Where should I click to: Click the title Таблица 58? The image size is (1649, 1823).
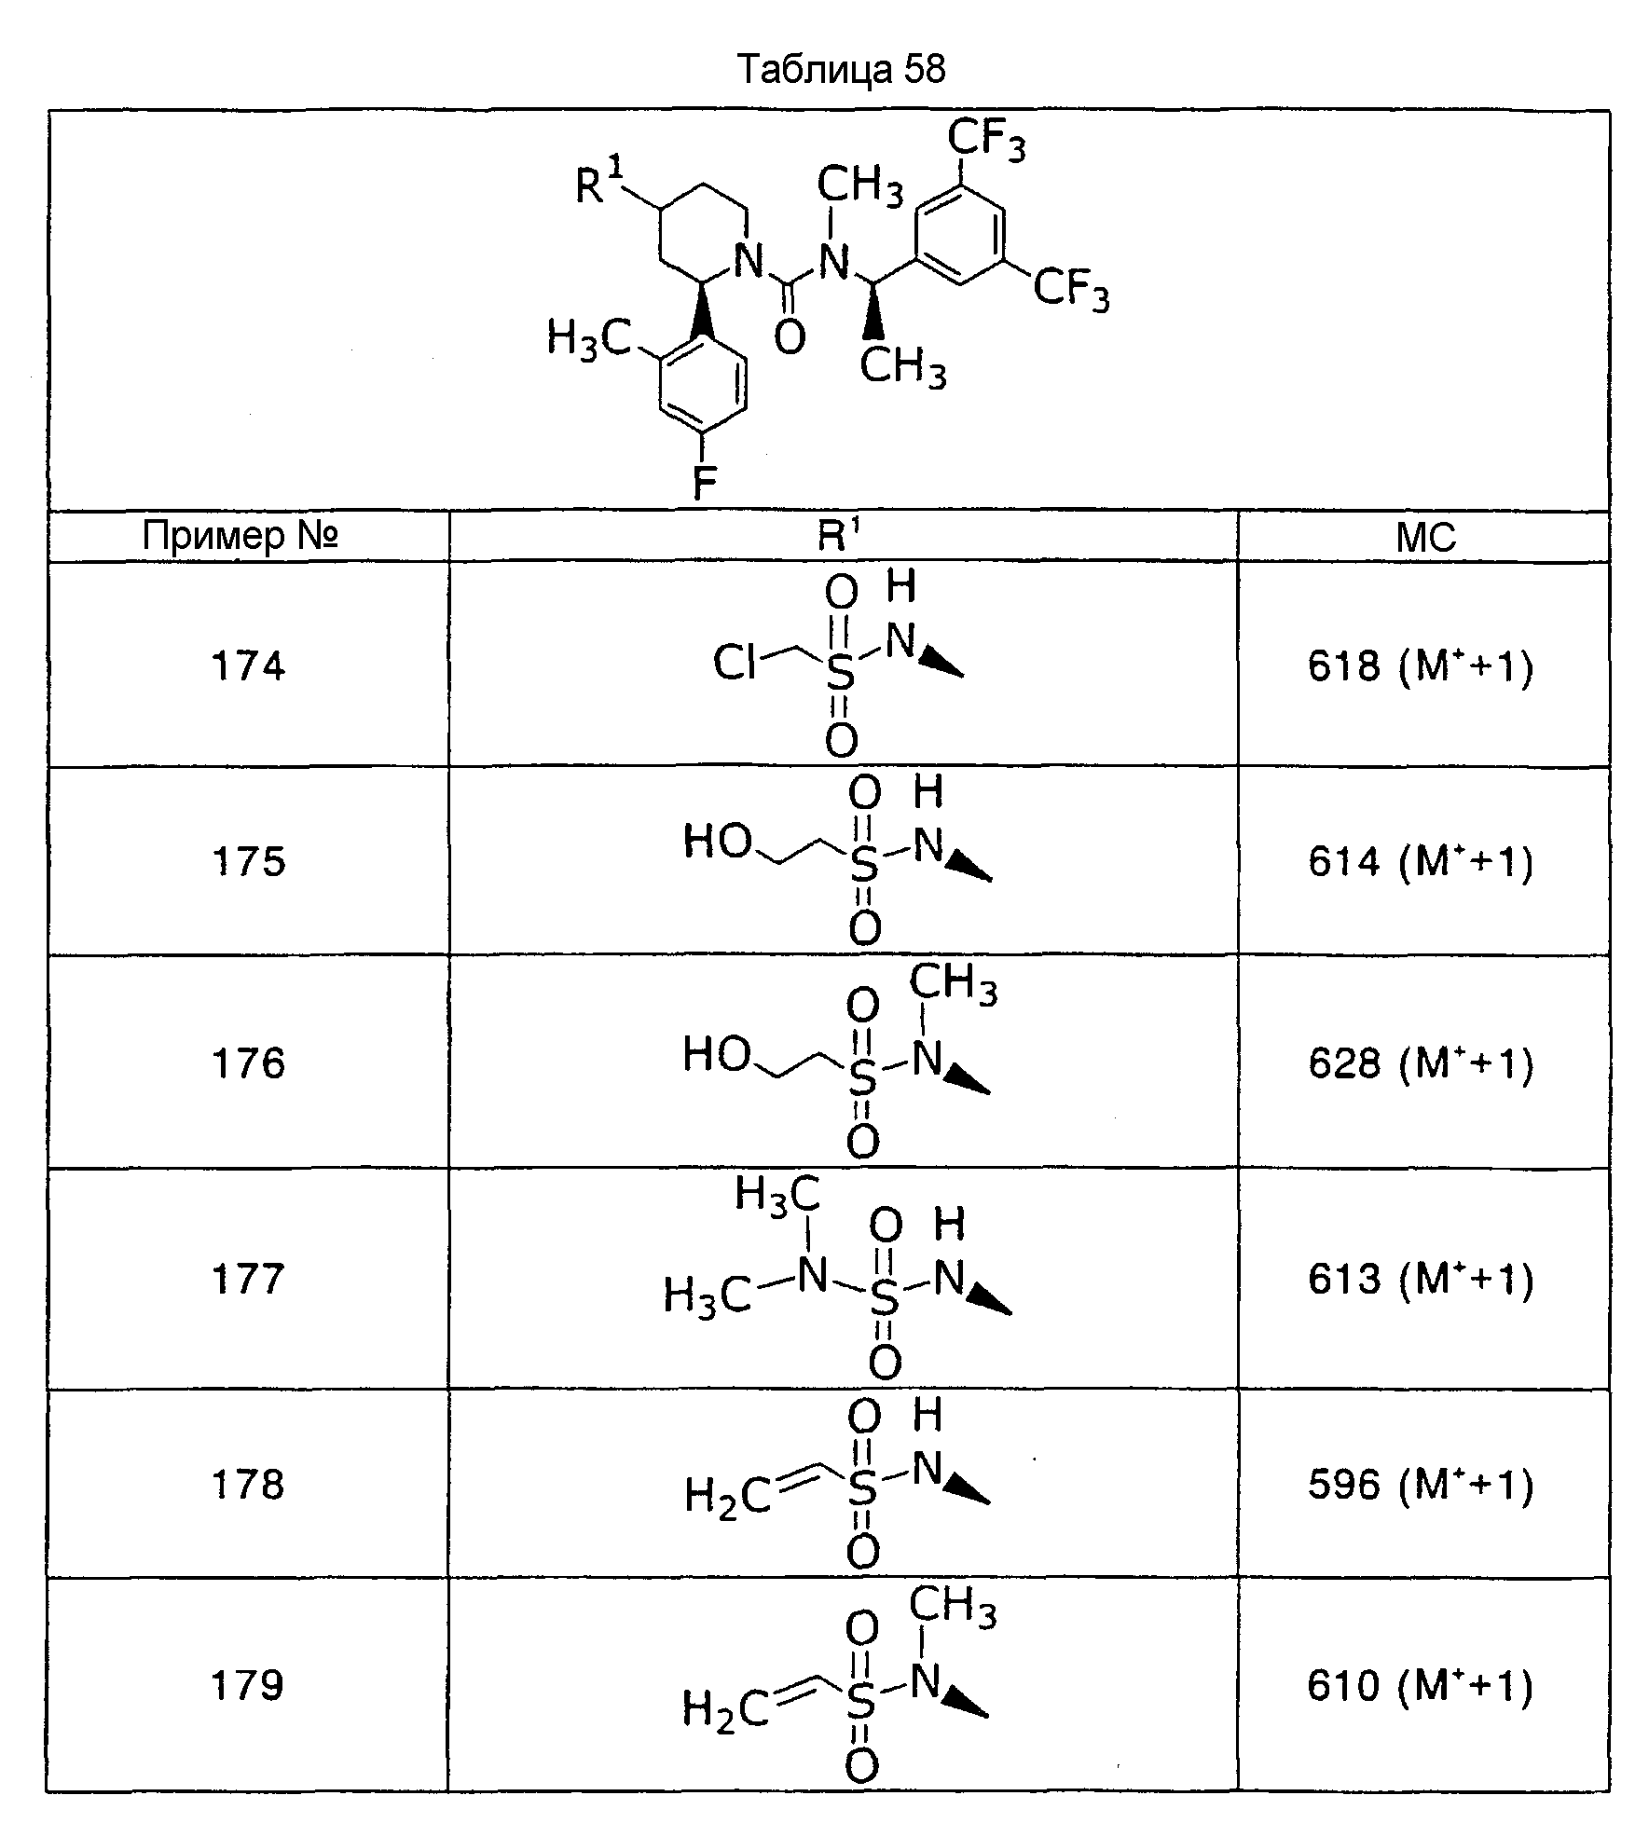tap(841, 69)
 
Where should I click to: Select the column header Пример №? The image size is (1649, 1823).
tap(240, 536)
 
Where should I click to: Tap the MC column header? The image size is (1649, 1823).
tap(1425, 538)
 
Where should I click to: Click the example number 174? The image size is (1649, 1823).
tap(248, 666)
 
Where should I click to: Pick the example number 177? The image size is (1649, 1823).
tap(248, 1279)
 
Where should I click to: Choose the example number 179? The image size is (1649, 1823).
tap(248, 1685)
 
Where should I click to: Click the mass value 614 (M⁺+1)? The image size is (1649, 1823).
tap(1421, 862)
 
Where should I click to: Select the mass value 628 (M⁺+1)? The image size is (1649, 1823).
tap(1421, 1064)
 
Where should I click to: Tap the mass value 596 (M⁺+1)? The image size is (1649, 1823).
tap(1421, 1485)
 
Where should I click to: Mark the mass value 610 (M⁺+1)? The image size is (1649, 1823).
tap(1421, 1686)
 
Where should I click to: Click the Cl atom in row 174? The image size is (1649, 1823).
tap(735, 663)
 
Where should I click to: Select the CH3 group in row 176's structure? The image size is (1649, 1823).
tap(953, 985)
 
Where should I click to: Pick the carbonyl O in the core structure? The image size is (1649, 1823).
tap(790, 336)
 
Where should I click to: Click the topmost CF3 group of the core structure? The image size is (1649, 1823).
tap(987, 142)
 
